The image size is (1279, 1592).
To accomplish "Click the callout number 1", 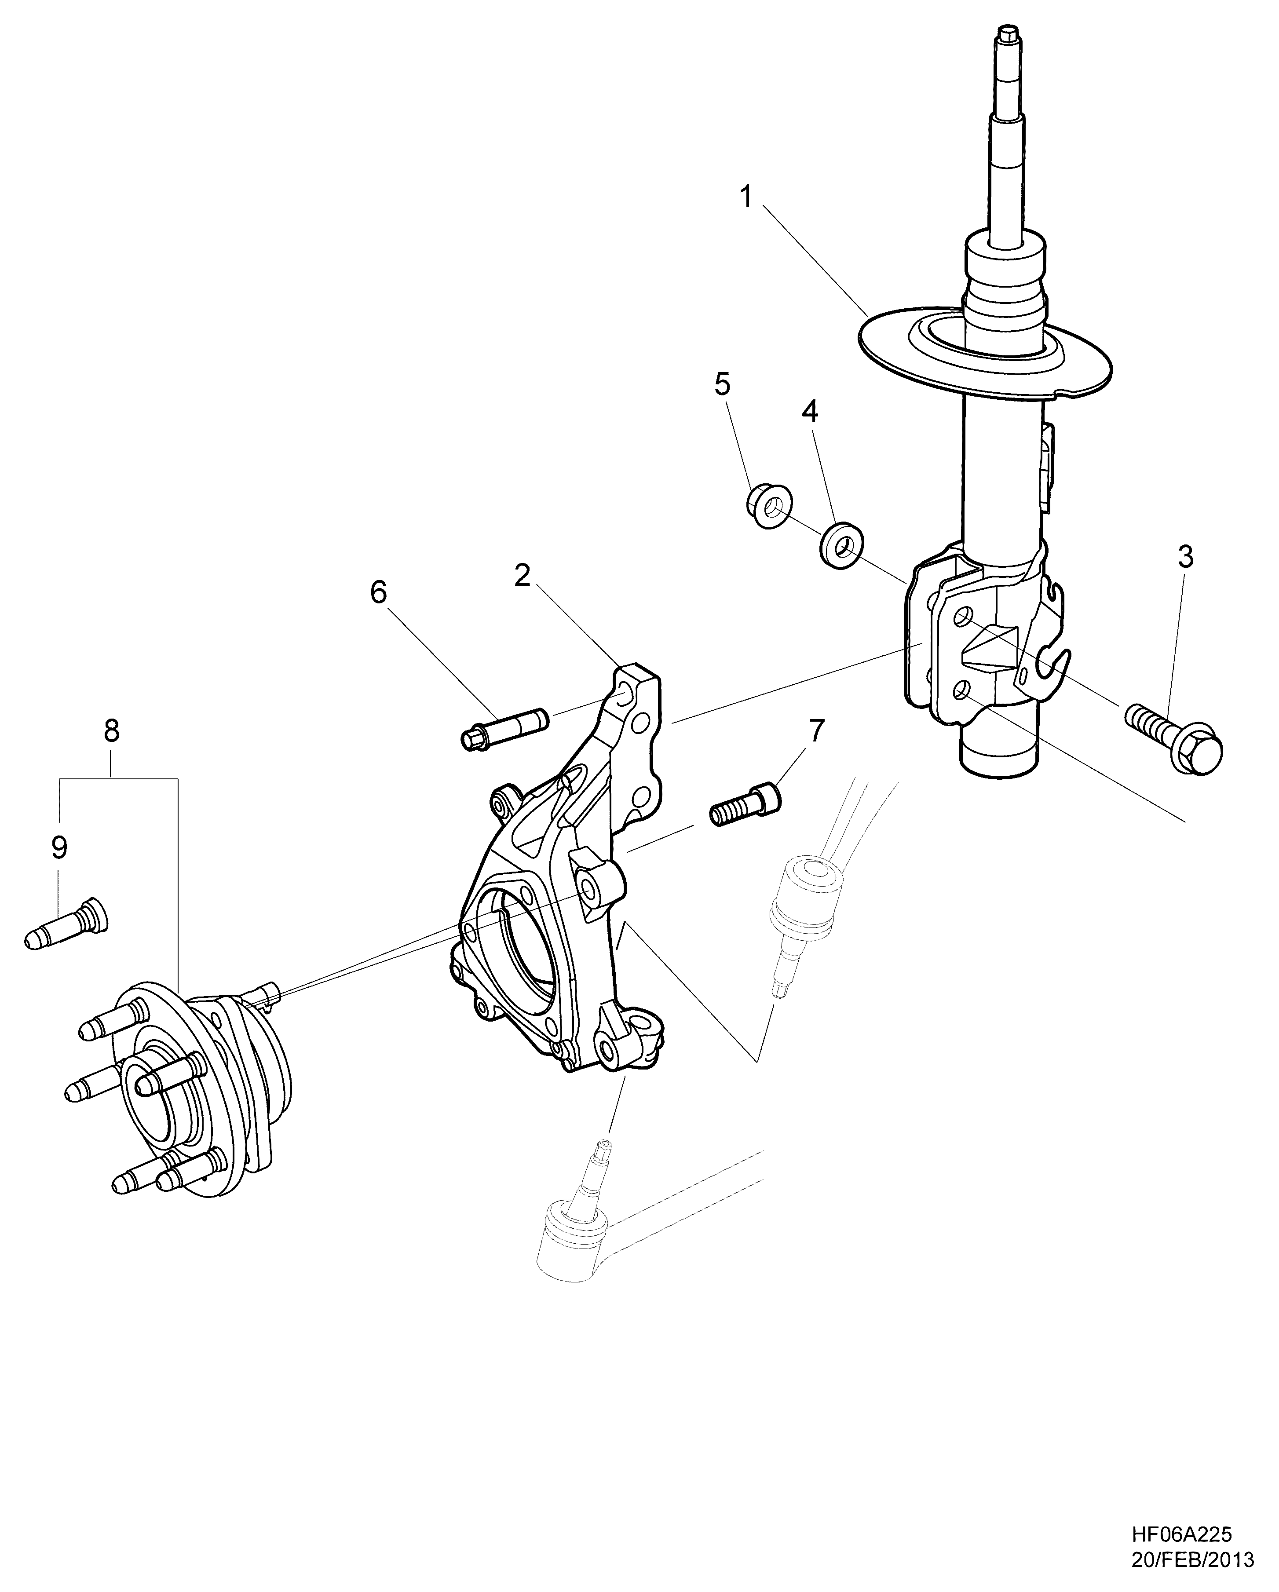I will click(746, 198).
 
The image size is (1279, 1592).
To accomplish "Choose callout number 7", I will click(815, 730).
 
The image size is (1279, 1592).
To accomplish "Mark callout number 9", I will click(59, 848).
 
